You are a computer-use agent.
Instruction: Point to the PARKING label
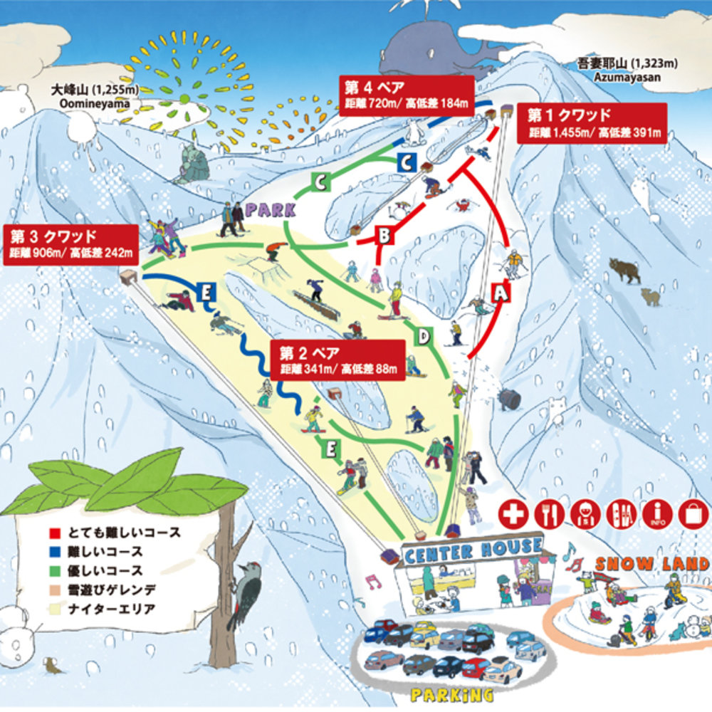point(451,693)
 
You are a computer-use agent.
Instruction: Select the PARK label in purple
point(271,210)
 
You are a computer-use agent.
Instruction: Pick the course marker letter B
point(383,234)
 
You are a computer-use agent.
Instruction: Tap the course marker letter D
point(424,336)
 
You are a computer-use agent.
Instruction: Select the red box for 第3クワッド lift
point(69,243)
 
